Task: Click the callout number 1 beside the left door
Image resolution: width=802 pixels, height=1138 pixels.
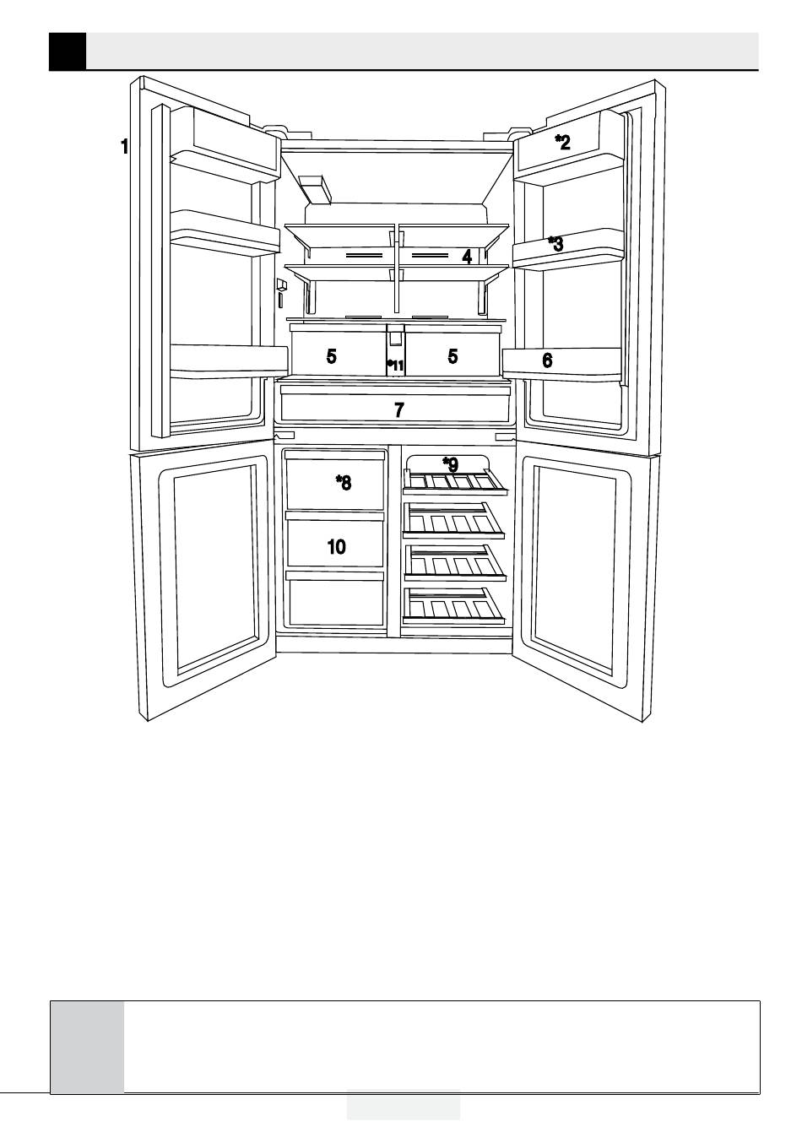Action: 124,147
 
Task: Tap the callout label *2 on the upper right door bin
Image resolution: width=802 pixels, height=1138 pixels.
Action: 562,142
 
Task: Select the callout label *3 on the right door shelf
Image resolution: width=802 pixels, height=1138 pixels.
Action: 555,244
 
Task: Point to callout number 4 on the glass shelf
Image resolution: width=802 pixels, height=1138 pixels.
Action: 467,257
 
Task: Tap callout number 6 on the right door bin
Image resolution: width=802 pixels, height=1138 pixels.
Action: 548,360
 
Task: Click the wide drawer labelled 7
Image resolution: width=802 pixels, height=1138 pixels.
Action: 399,410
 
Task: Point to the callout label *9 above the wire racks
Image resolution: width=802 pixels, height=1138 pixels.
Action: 451,464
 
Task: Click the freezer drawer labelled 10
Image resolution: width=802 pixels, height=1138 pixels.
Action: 336,546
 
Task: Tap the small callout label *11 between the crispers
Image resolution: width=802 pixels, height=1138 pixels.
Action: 396,365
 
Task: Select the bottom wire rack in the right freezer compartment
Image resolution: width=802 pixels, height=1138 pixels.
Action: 457,606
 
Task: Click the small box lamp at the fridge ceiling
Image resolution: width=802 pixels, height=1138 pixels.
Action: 315,189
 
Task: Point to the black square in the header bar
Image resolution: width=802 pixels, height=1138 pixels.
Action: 68,51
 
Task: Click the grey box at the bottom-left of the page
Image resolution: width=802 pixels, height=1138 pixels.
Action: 87,1046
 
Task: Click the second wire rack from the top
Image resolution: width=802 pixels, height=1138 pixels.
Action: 454,521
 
